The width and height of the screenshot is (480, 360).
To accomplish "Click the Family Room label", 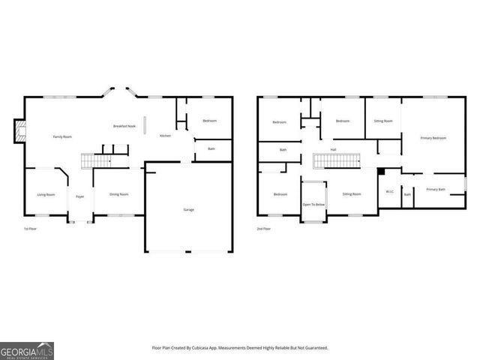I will click(62, 136).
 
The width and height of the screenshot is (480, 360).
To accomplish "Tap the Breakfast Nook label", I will click(124, 126).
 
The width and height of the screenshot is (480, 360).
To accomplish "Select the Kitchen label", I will click(165, 136).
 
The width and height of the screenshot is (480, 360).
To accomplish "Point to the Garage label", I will click(189, 209).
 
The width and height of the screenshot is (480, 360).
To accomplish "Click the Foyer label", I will click(79, 196).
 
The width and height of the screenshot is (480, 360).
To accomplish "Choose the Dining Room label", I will click(119, 194).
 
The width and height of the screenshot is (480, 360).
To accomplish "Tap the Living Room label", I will click(46, 194).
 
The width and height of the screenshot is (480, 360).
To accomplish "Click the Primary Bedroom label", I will click(433, 138).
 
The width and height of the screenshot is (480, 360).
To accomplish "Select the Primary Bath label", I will click(436, 190).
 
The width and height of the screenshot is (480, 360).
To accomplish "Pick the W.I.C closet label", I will click(389, 191).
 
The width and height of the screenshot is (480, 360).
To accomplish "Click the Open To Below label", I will click(313, 204).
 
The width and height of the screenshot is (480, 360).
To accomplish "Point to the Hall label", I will click(333, 149).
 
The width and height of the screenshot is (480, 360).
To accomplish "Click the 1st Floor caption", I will click(31, 228).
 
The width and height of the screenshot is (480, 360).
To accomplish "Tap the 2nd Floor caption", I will click(264, 228).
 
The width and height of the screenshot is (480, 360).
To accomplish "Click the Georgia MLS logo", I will click(27, 350).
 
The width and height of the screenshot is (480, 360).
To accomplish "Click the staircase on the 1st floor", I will click(96, 161).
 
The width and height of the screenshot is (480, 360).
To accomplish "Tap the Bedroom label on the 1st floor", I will click(209, 121).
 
